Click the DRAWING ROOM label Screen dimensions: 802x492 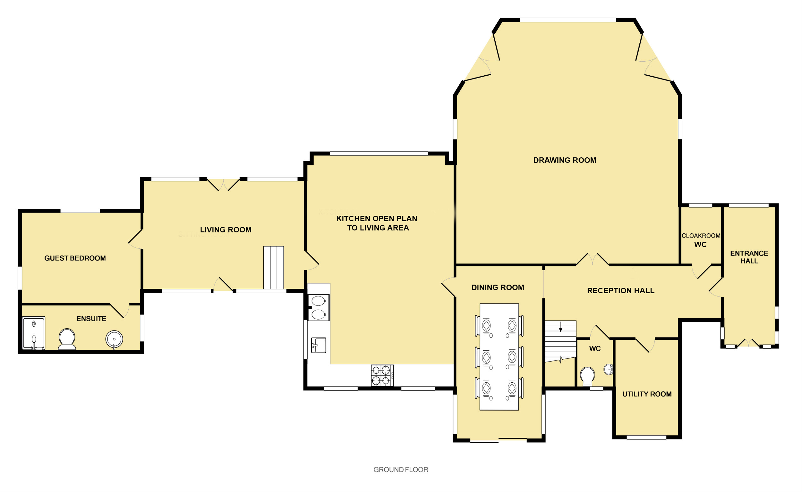coord(565,160)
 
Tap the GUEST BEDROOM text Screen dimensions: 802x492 coord(75,258)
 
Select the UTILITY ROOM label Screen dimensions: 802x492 coord(647,394)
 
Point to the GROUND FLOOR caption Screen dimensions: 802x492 coord(400,470)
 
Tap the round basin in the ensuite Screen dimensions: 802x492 coord(114,339)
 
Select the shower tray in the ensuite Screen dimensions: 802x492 coord(34,333)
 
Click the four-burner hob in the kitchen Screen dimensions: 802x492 coord(382,375)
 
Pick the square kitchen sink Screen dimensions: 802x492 coord(319,345)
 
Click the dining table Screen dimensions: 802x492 coord(499,357)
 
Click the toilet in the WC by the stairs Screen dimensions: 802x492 coord(587,376)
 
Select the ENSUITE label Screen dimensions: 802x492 coord(91,319)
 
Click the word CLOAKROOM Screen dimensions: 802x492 coord(701,236)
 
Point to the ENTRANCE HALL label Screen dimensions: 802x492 coord(749,257)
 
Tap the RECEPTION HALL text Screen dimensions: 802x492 coord(621,291)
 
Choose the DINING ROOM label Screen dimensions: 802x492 coord(498,287)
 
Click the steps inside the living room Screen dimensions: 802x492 coord(273,268)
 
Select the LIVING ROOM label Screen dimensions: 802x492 coord(226,230)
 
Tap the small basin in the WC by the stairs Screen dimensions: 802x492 coord(608,369)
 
